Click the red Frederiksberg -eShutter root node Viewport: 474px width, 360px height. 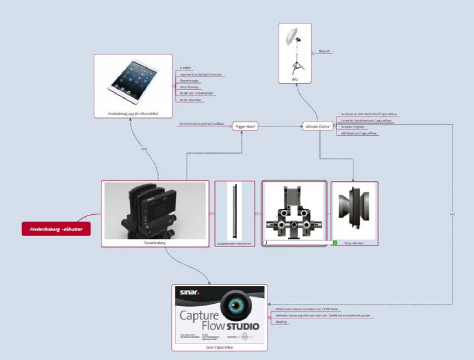[x=56, y=229]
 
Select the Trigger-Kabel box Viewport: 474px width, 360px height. [x=245, y=126]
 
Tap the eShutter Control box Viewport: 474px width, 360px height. [x=317, y=126]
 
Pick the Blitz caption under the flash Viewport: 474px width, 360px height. [x=295, y=79]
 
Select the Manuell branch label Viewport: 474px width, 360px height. [x=324, y=51]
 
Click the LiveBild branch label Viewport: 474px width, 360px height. [x=185, y=68]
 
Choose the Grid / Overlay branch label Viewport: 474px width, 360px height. [x=190, y=87]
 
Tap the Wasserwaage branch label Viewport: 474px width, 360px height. [x=189, y=81]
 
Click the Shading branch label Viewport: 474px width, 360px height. [x=281, y=322]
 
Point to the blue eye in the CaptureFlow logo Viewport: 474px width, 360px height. [x=236, y=305]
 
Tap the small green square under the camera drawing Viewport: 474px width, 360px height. [x=335, y=242]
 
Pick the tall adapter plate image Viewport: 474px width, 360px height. [x=234, y=211]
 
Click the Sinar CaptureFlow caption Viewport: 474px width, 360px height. [x=220, y=347]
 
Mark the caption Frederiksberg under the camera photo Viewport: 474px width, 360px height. [x=155, y=243]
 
